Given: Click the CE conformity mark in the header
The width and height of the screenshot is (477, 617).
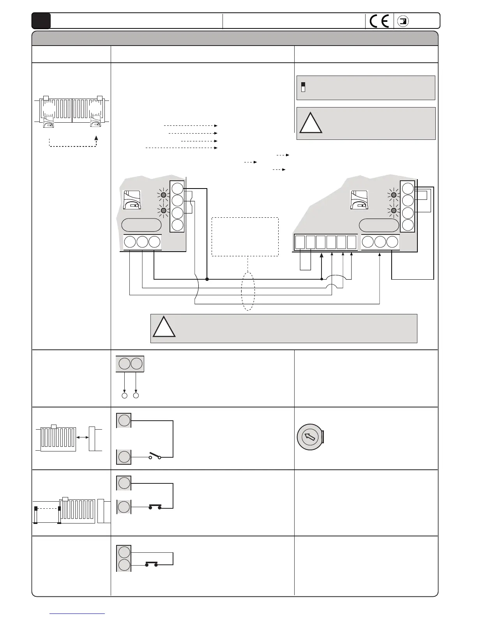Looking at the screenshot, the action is pos(380,21).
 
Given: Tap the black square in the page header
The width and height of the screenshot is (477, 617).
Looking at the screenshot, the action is pos(41,21).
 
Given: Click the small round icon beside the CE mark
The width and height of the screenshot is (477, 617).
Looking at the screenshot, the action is pos(404,21).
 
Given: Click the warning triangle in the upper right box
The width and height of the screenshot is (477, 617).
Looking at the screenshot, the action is pos(311,123).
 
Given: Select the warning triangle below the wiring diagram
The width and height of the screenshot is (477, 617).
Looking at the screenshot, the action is pos(164,328).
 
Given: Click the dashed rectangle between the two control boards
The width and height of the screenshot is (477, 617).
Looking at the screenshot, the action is pos(245,237).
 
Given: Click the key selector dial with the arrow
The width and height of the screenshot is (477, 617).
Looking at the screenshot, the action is pos(310,437).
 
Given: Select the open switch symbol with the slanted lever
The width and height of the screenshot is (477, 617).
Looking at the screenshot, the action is pos(154,456).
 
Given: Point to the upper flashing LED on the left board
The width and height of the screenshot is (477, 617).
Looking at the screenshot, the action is pos(164,195).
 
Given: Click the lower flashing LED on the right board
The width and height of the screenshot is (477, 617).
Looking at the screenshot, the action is pos(394,211).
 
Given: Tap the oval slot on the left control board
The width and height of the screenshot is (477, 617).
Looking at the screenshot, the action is pos(141,225).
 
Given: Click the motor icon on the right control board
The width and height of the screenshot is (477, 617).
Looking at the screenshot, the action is pos(359,200).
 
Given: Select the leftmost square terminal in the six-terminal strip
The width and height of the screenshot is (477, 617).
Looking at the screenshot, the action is pos(300,242).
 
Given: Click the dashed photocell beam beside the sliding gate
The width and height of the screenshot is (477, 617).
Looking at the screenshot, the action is pos(47,508).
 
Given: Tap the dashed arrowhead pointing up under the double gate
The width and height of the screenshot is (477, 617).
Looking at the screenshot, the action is pos(96,138).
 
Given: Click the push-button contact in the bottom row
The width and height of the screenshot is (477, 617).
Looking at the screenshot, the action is pos(151,564).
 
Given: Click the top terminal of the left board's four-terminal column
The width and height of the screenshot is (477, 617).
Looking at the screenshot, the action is pos(177,189).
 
